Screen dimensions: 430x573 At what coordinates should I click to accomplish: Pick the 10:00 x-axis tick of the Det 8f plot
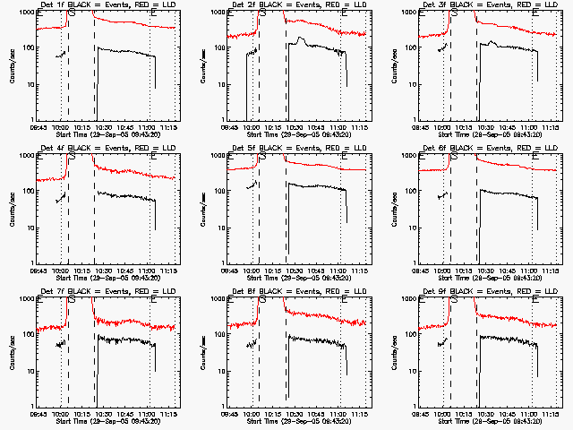click(253, 413)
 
